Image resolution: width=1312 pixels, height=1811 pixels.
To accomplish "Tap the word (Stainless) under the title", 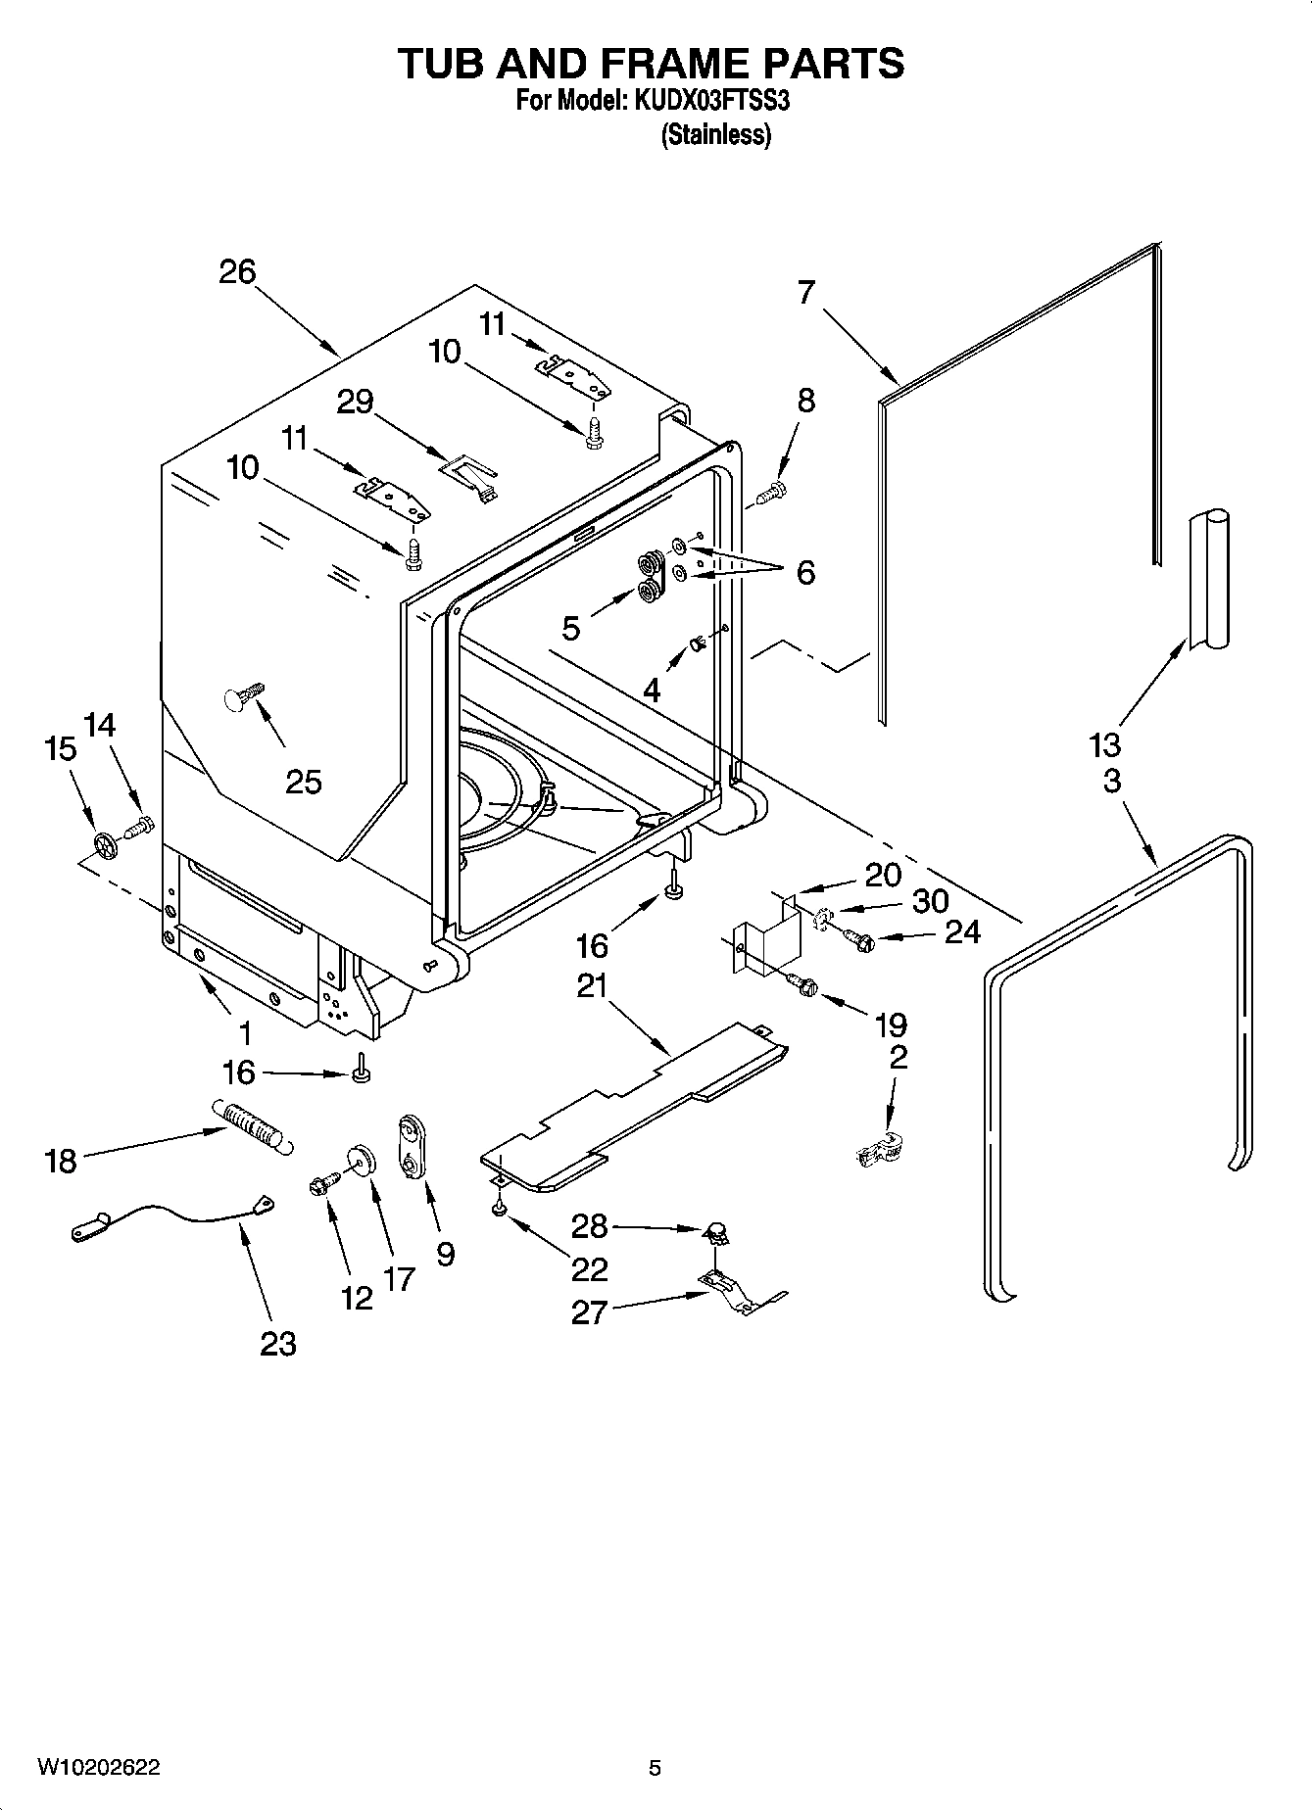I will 716,134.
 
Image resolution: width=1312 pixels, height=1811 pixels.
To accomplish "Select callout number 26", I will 237,271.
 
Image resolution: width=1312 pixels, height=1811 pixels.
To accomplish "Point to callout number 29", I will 355,401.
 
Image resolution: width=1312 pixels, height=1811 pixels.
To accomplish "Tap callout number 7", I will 805,292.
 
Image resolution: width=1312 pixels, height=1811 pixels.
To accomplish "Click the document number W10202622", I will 99,1767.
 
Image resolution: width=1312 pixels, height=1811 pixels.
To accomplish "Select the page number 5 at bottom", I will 655,1768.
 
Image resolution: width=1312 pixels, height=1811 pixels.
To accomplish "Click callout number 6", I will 805,573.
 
